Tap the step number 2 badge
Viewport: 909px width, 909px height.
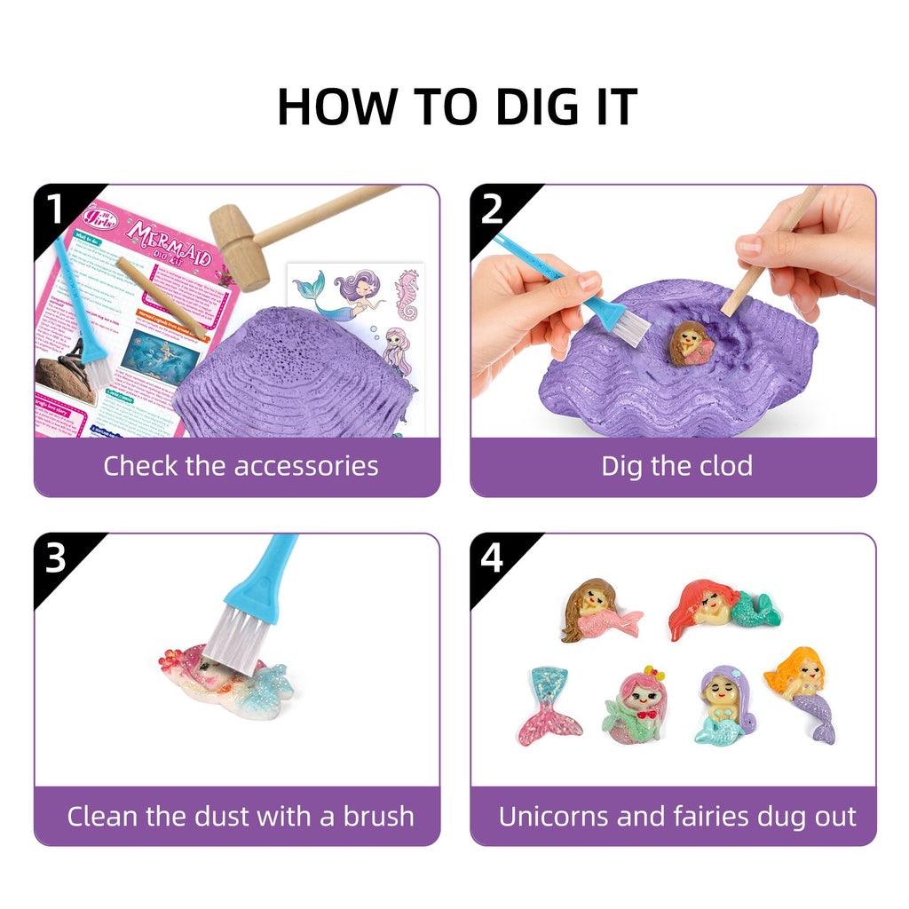click(x=491, y=210)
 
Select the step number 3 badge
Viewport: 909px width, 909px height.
click(x=55, y=558)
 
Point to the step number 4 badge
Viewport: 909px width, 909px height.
click(x=491, y=558)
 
